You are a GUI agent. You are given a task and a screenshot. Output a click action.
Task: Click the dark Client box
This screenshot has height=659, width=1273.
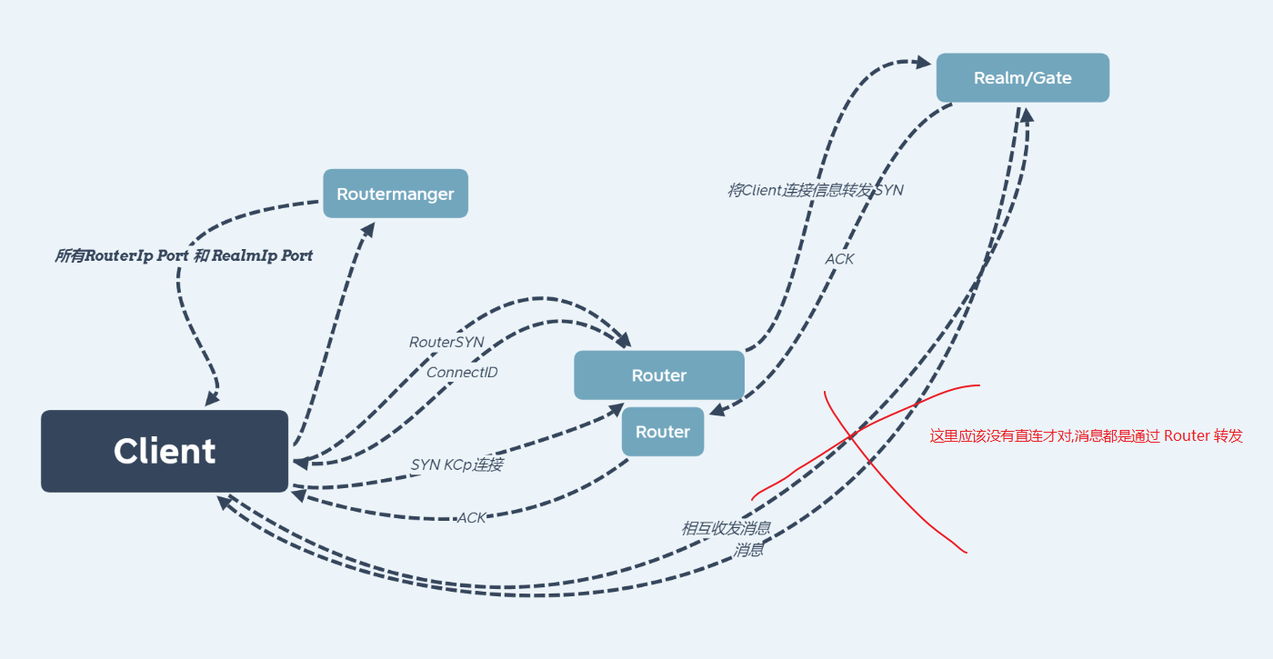[x=165, y=451]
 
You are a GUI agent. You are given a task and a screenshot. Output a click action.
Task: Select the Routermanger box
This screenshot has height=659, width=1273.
[x=396, y=193]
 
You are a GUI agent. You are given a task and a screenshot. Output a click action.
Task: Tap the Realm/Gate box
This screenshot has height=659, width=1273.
[x=1023, y=78]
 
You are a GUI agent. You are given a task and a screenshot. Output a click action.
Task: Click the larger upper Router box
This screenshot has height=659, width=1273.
[x=659, y=374]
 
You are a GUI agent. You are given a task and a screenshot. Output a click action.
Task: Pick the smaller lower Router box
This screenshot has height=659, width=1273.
[x=663, y=432]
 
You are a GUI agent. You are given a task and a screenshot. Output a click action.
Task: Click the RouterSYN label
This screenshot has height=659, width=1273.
[x=446, y=342]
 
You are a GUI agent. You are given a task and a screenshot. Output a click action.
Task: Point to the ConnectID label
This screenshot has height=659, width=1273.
[x=462, y=372]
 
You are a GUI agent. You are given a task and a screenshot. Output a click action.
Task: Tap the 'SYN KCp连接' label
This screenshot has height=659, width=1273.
[x=456, y=464]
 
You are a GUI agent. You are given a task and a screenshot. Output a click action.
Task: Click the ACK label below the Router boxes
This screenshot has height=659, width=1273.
[x=472, y=517]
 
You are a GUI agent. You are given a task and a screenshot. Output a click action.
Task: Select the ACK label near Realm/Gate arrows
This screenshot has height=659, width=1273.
[x=839, y=259]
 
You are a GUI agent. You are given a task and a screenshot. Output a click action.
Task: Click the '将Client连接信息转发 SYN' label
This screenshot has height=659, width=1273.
[x=816, y=190]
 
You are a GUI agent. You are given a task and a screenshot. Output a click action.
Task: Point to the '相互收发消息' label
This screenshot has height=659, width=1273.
[x=727, y=528]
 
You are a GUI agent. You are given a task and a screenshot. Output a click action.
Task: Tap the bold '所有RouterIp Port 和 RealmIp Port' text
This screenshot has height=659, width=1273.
[x=184, y=255]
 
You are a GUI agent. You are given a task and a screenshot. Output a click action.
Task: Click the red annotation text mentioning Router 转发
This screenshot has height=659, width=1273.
[x=1086, y=435]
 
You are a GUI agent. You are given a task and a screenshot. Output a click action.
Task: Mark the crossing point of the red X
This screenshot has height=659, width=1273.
[x=851, y=435]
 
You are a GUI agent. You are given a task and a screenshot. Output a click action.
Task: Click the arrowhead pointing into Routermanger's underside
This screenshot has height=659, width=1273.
[x=369, y=229]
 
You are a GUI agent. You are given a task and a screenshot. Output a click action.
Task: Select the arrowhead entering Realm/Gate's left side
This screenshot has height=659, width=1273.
[x=924, y=62]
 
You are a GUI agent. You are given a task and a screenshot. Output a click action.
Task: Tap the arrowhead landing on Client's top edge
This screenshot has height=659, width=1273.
[x=213, y=398]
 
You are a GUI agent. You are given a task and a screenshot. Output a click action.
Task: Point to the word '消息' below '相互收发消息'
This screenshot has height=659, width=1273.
[x=747, y=550]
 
